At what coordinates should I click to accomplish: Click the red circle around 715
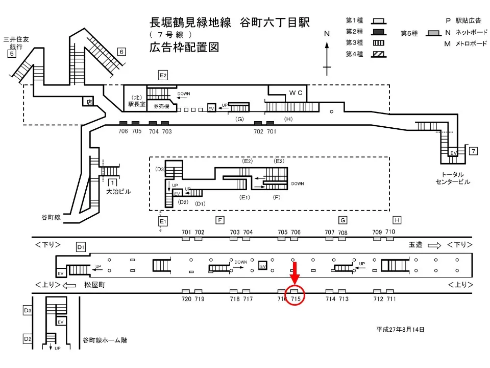pos(295,285)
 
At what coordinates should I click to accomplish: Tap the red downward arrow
pos(295,273)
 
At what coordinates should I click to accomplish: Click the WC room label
pos(296,93)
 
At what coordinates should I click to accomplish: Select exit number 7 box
pos(474,151)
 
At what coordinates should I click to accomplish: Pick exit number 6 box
pos(121,52)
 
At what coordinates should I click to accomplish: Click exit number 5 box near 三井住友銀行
pos(12,54)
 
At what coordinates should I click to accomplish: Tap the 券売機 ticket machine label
pos(161,106)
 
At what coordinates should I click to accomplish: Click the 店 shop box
pos(89,102)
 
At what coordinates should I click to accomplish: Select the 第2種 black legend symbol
pos(379,32)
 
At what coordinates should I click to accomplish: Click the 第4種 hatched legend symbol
pos(379,55)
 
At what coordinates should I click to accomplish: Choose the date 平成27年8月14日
pos(400,330)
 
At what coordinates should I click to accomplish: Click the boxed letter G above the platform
pos(343,220)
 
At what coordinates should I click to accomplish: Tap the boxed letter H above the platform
pos(397,220)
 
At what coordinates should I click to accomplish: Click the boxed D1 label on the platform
pos(81,247)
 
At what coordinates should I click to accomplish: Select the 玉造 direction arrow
pos(434,245)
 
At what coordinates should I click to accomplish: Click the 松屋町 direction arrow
pos(69,285)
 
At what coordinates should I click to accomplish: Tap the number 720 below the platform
pos(186,299)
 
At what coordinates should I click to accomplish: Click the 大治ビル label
pos(118,192)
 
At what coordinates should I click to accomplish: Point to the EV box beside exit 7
pos(453,152)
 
